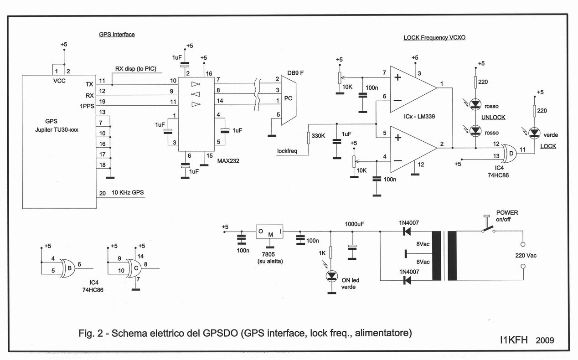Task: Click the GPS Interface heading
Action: [x=117, y=35]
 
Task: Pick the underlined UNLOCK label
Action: [x=493, y=117]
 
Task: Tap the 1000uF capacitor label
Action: [x=355, y=224]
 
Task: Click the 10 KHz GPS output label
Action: [x=128, y=193]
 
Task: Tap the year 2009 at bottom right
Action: [x=545, y=340]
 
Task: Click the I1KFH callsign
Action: [x=514, y=340]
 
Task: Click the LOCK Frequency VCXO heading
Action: [x=434, y=38]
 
